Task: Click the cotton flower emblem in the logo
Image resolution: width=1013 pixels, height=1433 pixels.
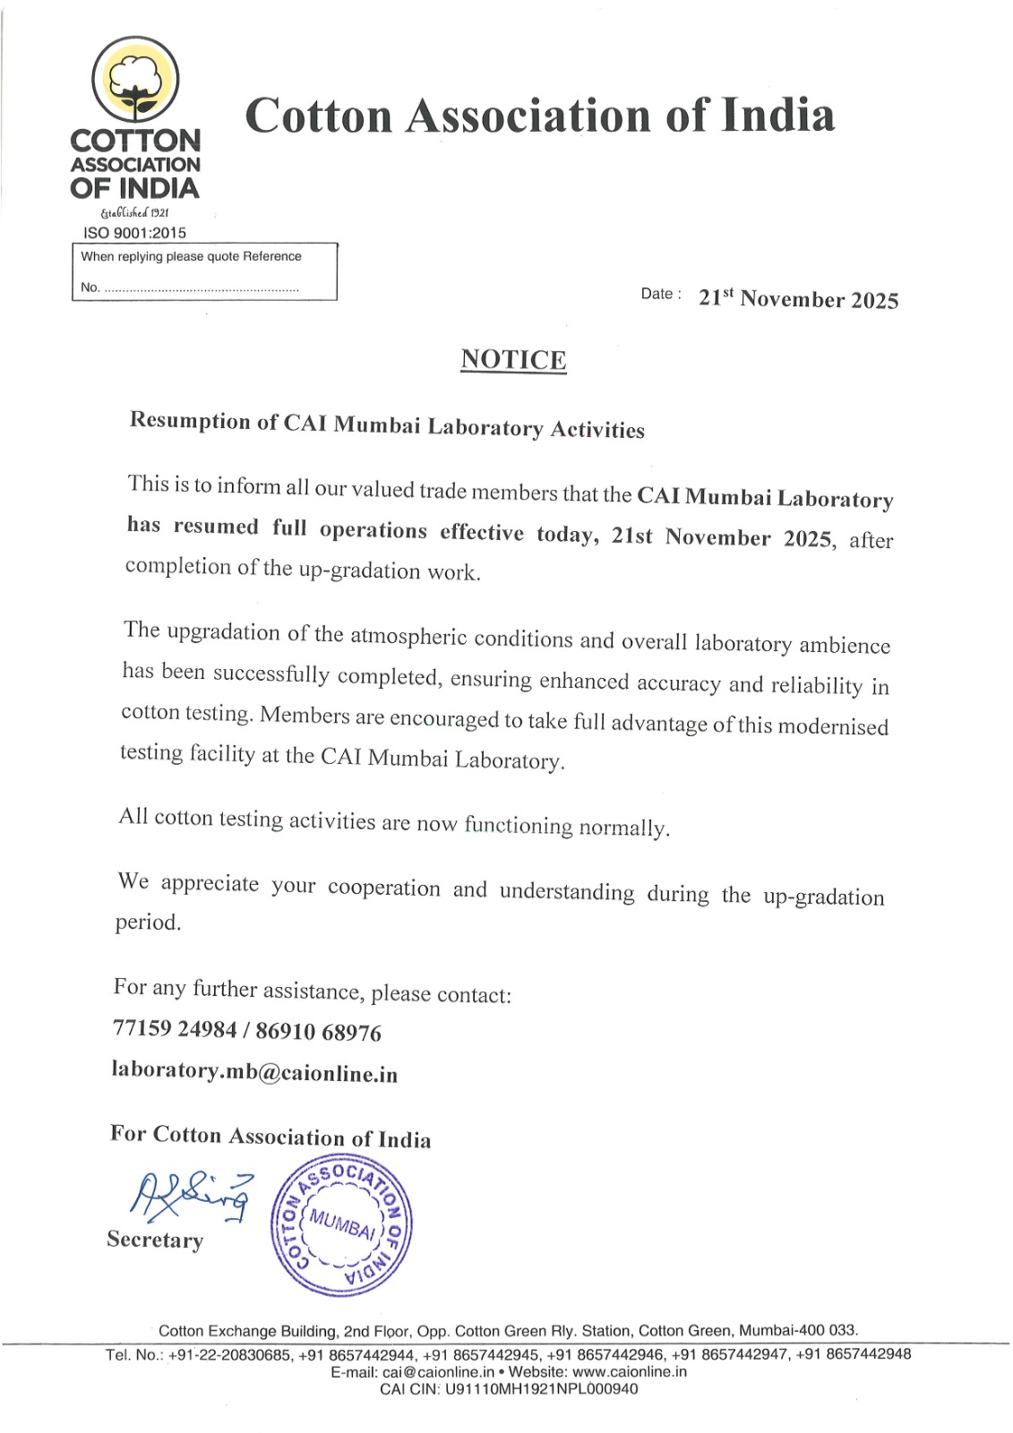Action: tap(136, 80)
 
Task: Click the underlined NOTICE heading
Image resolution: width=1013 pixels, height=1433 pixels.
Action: tap(513, 360)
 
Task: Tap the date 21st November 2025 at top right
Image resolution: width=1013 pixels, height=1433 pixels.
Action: tap(798, 299)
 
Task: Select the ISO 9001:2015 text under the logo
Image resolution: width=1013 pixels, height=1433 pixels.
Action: tap(135, 233)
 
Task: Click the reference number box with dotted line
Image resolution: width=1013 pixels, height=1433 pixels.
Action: tap(204, 272)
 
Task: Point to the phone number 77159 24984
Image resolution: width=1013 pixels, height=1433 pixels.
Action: tap(175, 1028)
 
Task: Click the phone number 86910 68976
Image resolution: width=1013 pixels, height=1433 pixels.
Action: tap(319, 1033)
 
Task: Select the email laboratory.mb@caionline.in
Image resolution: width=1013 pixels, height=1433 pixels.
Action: tap(254, 1072)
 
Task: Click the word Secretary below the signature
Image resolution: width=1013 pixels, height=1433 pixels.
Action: tap(155, 1240)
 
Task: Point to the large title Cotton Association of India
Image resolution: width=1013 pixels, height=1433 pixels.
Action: tap(539, 116)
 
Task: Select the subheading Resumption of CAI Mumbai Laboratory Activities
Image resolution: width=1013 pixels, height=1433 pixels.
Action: tap(387, 425)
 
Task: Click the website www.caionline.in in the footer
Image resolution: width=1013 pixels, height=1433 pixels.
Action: tap(630, 1372)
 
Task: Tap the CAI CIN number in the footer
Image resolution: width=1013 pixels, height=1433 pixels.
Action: tap(541, 1389)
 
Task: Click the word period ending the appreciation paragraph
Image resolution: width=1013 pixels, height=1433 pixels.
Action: tap(148, 922)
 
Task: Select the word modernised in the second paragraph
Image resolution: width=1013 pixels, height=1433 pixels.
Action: tap(833, 726)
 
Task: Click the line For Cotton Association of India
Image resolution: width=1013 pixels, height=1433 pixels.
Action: tap(270, 1137)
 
